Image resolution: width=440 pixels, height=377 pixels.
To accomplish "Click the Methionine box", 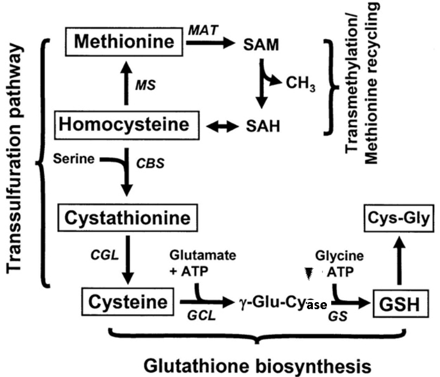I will tap(125, 42).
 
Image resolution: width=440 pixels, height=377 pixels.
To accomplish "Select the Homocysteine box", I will tap(125, 125).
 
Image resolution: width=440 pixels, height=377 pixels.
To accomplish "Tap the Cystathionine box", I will tap(127, 218).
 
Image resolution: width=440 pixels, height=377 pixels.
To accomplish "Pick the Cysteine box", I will tap(128, 302).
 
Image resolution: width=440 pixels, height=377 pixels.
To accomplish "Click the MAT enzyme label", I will tap(203, 31).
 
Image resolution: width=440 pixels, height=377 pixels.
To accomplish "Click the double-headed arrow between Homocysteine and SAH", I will tap(223, 127).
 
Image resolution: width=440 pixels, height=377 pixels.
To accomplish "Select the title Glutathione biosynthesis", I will tap(257, 366).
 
